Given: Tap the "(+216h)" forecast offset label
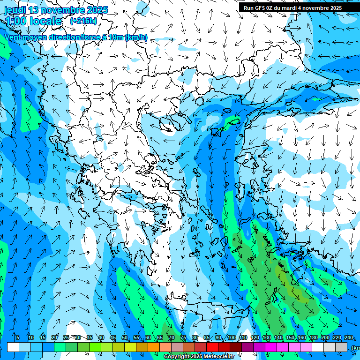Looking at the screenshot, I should click(83, 21).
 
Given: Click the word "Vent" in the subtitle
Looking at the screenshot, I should click(14, 37).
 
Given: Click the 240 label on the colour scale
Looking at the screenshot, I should click(348, 337).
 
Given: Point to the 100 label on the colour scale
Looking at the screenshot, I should click(232, 337).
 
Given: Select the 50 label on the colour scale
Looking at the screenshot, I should click(125, 337).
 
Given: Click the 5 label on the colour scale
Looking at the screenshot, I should click(18, 337).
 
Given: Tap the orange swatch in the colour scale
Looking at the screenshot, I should click(154, 347).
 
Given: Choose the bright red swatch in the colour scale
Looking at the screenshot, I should click(212, 347).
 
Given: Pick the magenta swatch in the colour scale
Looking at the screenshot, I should click(271, 347).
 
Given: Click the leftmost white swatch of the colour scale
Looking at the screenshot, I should click(13, 347).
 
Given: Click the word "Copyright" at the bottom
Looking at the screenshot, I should click(176, 357).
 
